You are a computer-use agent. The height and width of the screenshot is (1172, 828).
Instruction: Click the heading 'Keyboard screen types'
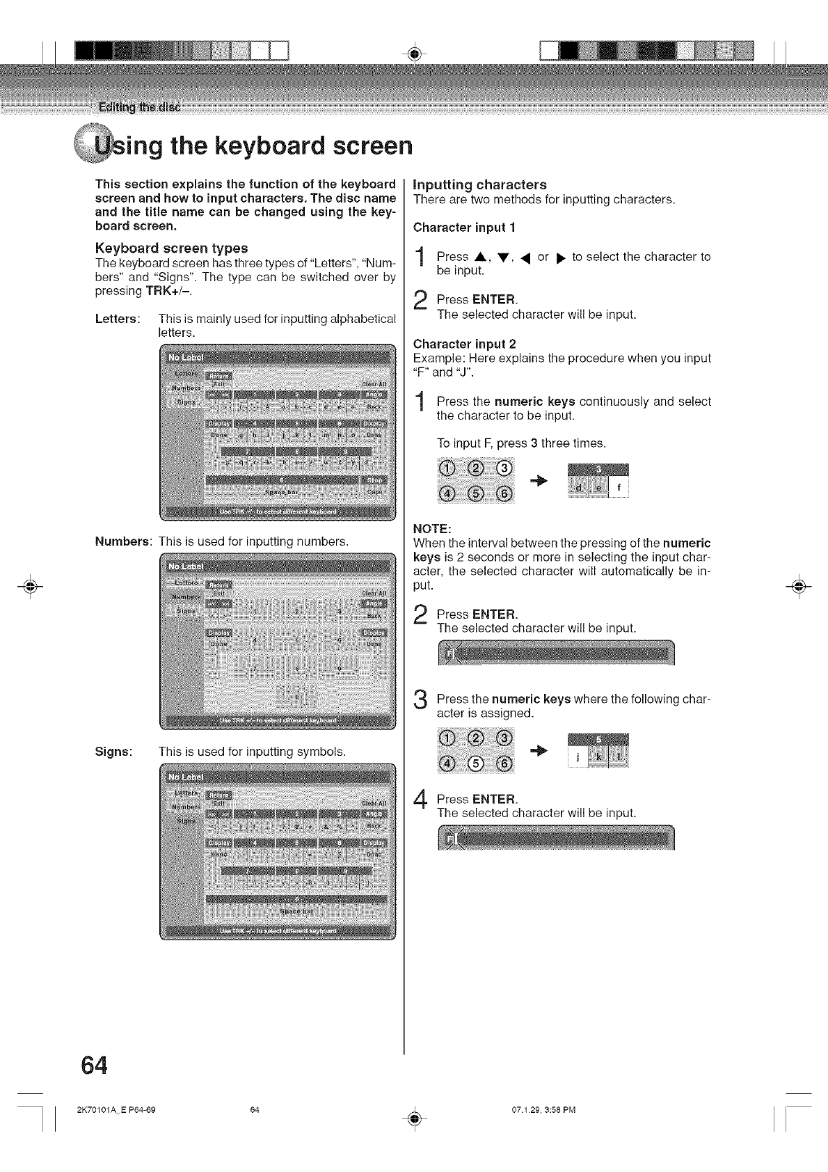tap(171, 248)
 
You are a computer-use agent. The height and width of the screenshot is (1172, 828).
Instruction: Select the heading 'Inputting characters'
tap(480, 184)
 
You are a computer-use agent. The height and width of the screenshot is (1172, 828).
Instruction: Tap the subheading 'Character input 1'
tap(464, 228)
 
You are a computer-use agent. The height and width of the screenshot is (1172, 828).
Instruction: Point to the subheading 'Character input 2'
tap(464, 344)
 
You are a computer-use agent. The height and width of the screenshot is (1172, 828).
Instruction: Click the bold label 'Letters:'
tap(118, 319)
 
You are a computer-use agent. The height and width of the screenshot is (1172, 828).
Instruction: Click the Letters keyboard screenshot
tap(277, 431)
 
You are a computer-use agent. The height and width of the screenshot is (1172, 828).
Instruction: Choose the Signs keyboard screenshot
tap(277, 851)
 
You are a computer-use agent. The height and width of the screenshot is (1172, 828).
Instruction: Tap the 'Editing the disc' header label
tap(139, 107)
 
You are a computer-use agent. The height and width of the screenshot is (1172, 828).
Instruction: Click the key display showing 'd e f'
tap(598, 481)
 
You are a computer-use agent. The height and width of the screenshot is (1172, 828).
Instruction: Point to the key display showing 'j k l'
tap(598, 752)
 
